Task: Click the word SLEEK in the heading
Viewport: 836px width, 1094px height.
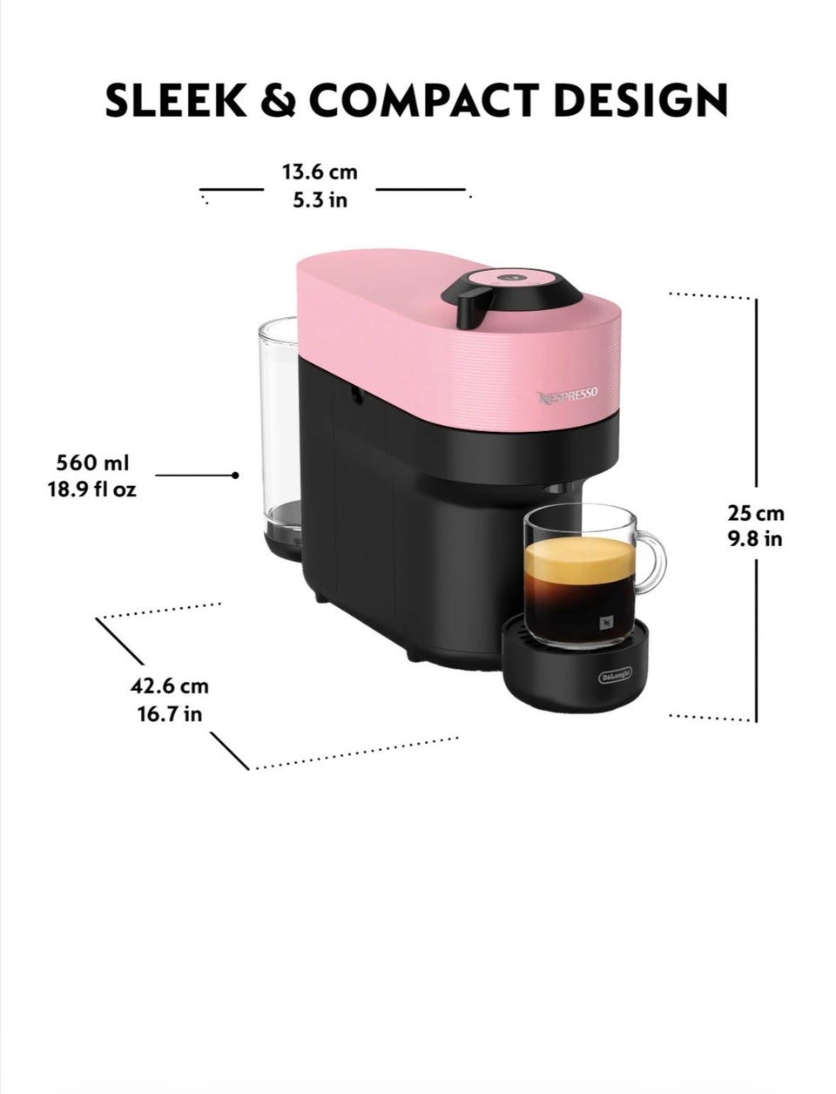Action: pyautogui.click(x=176, y=100)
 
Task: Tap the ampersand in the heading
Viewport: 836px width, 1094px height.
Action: pyautogui.click(x=278, y=100)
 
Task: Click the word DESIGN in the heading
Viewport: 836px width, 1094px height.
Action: pyautogui.click(x=641, y=100)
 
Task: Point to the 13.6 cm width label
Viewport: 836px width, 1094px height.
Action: pyautogui.click(x=320, y=172)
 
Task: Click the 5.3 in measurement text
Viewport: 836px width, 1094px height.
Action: pyautogui.click(x=320, y=200)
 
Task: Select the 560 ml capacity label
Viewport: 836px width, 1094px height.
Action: pyautogui.click(x=92, y=463)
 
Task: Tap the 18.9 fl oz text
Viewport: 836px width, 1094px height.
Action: pyautogui.click(x=92, y=489)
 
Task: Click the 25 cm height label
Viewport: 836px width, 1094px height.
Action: pyautogui.click(x=756, y=513)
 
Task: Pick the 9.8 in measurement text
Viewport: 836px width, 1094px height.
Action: pyautogui.click(x=755, y=539)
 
